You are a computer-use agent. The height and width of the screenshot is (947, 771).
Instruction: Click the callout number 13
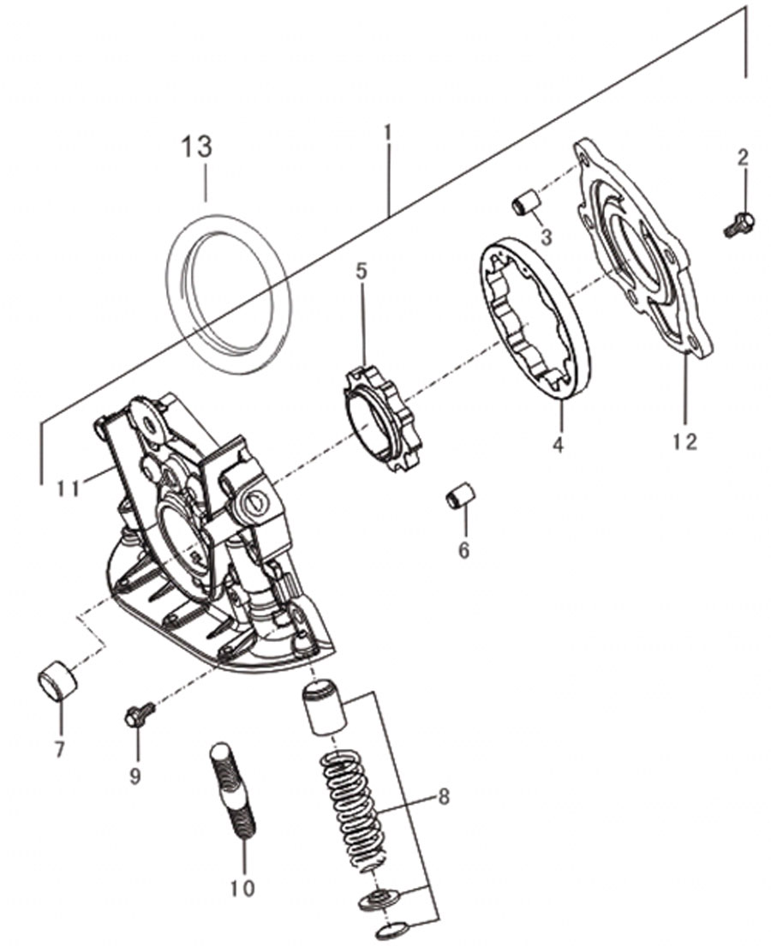click(197, 147)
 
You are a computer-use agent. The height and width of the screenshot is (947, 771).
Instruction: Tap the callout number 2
click(743, 159)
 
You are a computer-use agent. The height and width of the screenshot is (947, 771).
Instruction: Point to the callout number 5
click(361, 271)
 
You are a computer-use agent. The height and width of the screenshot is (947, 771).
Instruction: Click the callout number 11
click(69, 488)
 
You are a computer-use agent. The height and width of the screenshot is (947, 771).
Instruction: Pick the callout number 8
click(444, 797)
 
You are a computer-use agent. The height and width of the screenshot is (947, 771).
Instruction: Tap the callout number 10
click(242, 888)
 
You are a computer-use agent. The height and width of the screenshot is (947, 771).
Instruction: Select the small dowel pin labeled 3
click(525, 201)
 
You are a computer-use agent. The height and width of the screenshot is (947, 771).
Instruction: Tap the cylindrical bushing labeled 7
click(57, 680)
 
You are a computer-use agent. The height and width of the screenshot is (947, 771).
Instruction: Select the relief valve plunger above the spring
click(324, 707)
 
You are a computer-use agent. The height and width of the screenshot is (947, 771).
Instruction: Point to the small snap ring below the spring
click(393, 930)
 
